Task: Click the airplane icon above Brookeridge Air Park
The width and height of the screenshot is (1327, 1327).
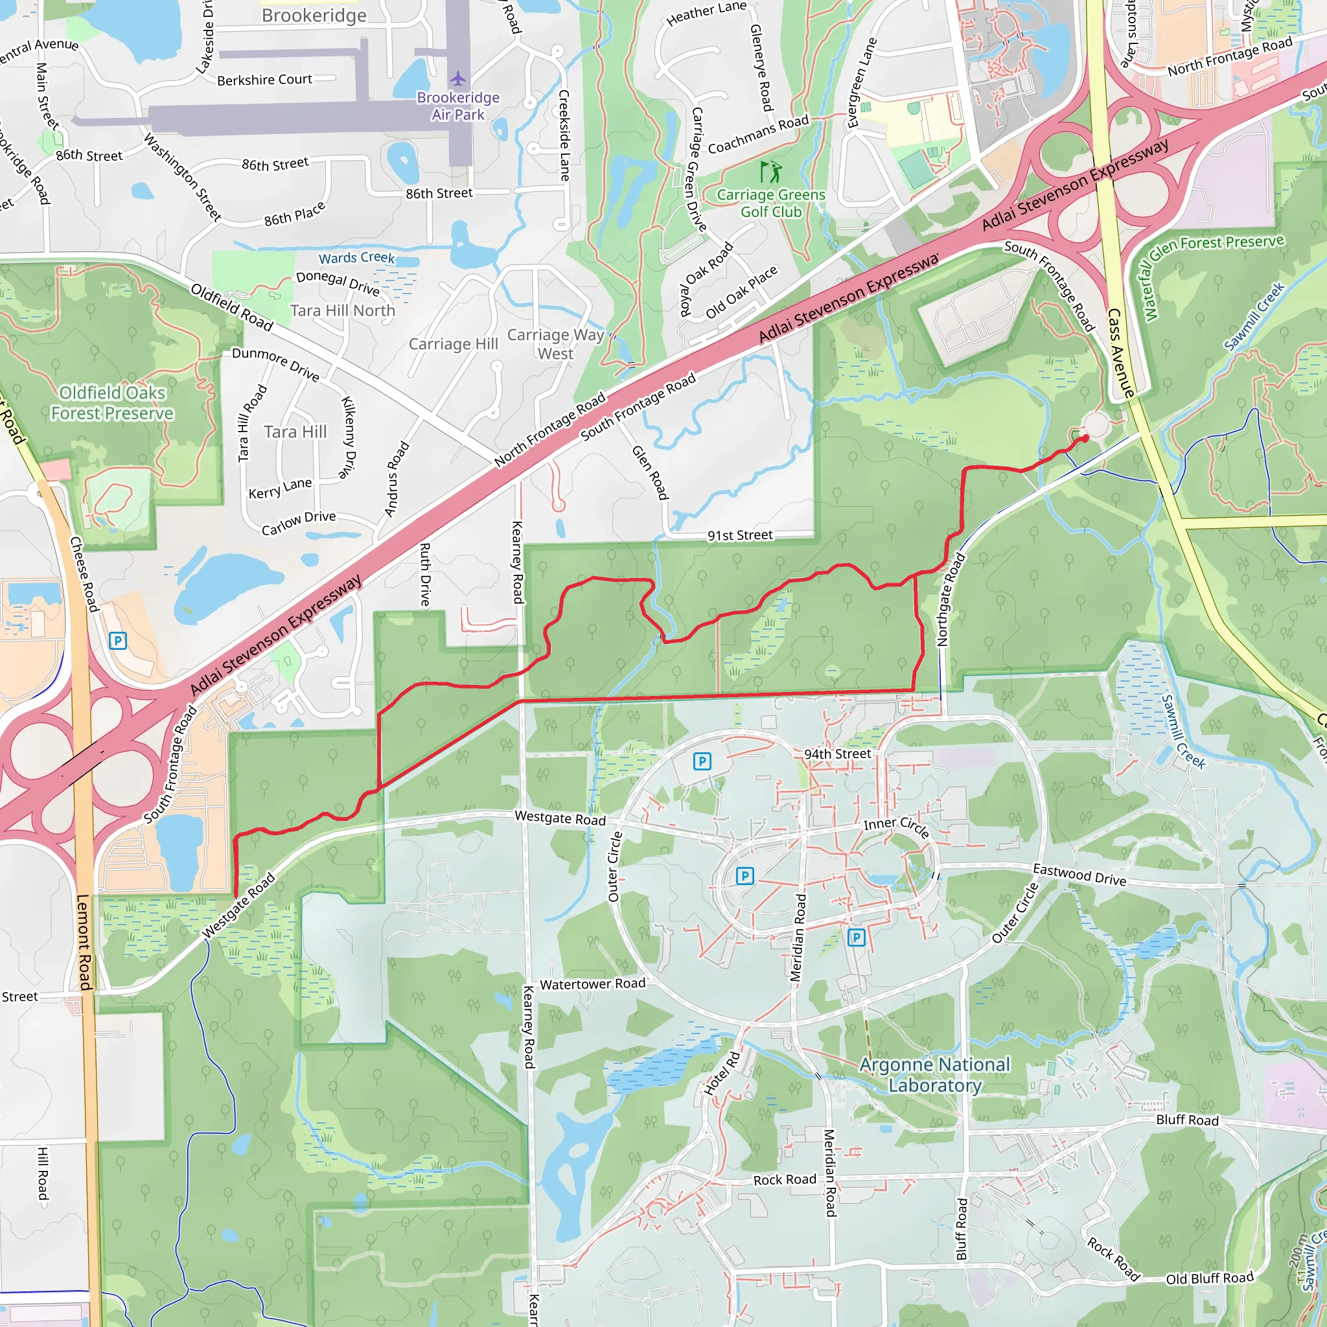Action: (458, 78)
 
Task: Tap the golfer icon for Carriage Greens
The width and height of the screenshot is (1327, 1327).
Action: (770, 171)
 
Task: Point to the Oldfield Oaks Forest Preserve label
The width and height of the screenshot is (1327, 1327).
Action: (112, 402)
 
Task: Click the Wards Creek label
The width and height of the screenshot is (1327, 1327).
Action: (356, 258)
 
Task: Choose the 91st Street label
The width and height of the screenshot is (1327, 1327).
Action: (740, 535)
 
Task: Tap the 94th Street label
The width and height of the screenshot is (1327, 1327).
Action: (837, 754)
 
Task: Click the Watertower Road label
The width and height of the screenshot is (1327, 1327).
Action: (592, 984)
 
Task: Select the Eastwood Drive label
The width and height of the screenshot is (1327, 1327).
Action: (1079, 874)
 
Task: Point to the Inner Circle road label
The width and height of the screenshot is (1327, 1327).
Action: (896, 827)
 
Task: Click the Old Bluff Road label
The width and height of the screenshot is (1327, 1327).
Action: (1210, 1278)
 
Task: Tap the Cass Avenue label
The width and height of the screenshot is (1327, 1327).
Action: (1120, 352)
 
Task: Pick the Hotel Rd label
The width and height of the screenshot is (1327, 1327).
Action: (722, 1073)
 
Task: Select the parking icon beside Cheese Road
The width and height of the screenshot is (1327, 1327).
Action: (117, 641)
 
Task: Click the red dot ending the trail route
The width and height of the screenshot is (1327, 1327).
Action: (1085, 438)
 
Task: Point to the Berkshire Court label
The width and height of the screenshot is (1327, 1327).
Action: (264, 80)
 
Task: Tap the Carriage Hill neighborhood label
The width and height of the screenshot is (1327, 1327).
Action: (454, 343)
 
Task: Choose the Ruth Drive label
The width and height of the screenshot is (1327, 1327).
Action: (425, 574)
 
